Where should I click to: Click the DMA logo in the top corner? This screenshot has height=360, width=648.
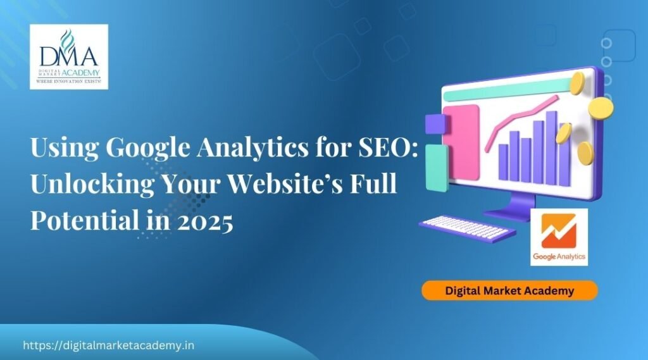[68, 56]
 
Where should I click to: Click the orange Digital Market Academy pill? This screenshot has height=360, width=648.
[509, 291]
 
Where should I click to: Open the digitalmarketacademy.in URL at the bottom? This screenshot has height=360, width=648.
[108, 345]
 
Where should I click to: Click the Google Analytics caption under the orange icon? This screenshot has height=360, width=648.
[559, 257]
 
